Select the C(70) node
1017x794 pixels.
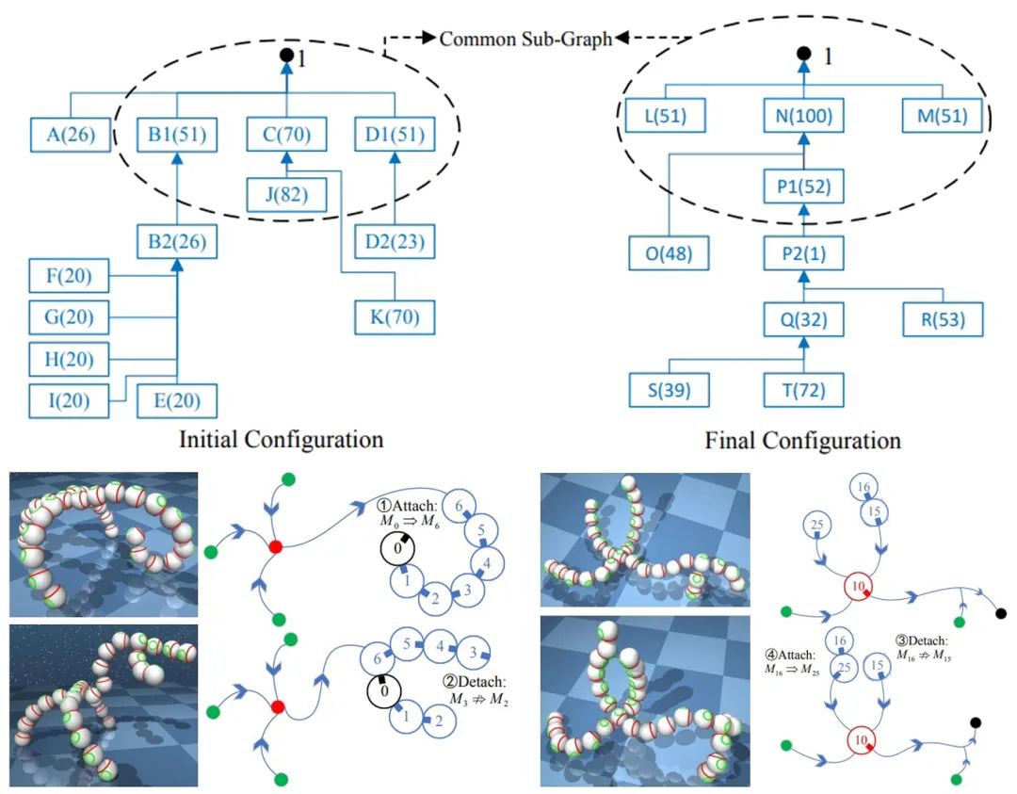tap(285, 134)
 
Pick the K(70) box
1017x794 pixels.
tap(395, 317)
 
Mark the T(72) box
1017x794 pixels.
tap(802, 389)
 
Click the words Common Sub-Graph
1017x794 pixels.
tap(525, 39)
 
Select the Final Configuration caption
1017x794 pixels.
tap(802, 440)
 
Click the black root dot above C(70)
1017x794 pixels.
tap(285, 56)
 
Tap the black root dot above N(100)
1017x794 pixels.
tap(802, 56)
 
